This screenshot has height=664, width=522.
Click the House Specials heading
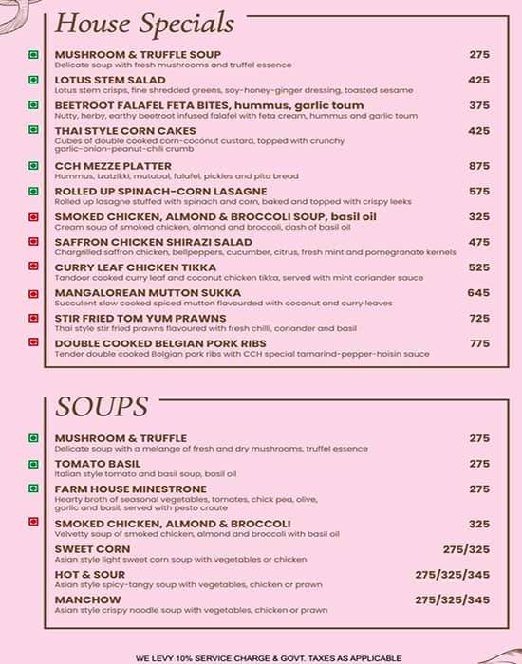pyautogui.click(x=144, y=22)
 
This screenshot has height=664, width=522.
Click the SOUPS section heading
pyautogui.click(x=102, y=406)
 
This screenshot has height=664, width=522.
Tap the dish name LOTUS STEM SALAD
pyautogui.click(x=111, y=80)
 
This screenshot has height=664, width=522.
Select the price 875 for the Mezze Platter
pyautogui.click(x=479, y=166)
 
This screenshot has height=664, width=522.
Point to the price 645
pyautogui.click(x=479, y=293)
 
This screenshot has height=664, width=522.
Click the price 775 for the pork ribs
pyautogui.click(x=479, y=343)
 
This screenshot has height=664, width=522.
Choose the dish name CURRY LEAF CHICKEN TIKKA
pyautogui.click(x=136, y=267)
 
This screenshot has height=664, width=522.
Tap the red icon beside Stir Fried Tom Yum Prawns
pyautogui.click(x=34, y=319)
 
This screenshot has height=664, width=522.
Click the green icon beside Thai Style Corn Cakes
pyautogui.click(x=34, y=131)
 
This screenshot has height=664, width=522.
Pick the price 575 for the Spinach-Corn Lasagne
pyautogui.click(x=479, y=192)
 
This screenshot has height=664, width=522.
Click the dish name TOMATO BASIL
pyautogui.click(x=98, y=464)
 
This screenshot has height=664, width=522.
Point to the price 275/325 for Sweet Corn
pyautogui.click(x=466, y=549)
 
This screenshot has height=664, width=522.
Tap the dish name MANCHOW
pyautogui.click(x=88, y=599)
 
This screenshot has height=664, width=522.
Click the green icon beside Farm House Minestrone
pyautogui.click(x=34, y=489)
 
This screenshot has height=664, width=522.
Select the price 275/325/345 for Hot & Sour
pyautogui.click(x=453, y=575)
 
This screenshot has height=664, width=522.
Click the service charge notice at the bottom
pyautogui.click(x=269, y=657)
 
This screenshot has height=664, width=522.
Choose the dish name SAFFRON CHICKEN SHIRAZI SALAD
pyautogui.click(x=154, y=242)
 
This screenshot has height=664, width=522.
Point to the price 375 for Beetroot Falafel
pyautogui.click(x=479, y=105)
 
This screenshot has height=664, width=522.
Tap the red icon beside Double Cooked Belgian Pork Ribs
pyautogui.click(x=34, y=343)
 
